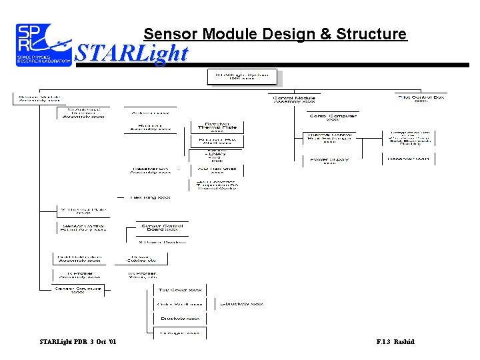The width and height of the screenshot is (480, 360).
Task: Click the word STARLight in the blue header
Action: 131,53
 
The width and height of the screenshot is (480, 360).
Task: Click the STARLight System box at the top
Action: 242,78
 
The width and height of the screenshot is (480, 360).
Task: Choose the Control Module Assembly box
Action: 295,100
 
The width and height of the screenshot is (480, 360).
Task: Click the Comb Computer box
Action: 333,117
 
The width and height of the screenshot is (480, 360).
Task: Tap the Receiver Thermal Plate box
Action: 217,127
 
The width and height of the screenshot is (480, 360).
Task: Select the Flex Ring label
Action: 151,197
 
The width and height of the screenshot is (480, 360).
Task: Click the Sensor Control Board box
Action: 163,227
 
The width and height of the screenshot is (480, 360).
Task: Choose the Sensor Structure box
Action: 79,289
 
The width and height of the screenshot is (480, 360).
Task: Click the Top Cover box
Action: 180,290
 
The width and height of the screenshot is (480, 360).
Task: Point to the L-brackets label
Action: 241,304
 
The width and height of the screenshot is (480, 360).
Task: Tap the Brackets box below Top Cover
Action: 180,319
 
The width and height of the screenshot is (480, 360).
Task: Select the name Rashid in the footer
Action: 403,342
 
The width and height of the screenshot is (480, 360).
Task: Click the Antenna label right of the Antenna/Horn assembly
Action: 150,113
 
